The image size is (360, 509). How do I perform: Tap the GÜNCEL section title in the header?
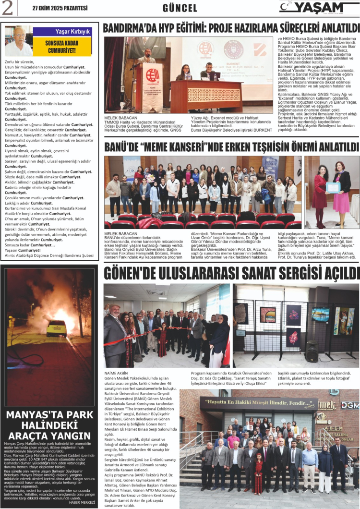point(180,8)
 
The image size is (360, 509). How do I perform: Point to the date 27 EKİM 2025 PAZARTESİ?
point(60,8)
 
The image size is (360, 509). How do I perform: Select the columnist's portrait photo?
point(19,41)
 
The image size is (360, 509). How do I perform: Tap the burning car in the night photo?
point(56,328)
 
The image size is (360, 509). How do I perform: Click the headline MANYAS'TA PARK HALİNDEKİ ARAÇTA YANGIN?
point(50,424)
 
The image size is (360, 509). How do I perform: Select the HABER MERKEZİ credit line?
point(83,502)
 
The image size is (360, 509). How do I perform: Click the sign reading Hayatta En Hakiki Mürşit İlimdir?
point(258,402)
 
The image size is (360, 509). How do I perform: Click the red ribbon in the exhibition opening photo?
point(158,330)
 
